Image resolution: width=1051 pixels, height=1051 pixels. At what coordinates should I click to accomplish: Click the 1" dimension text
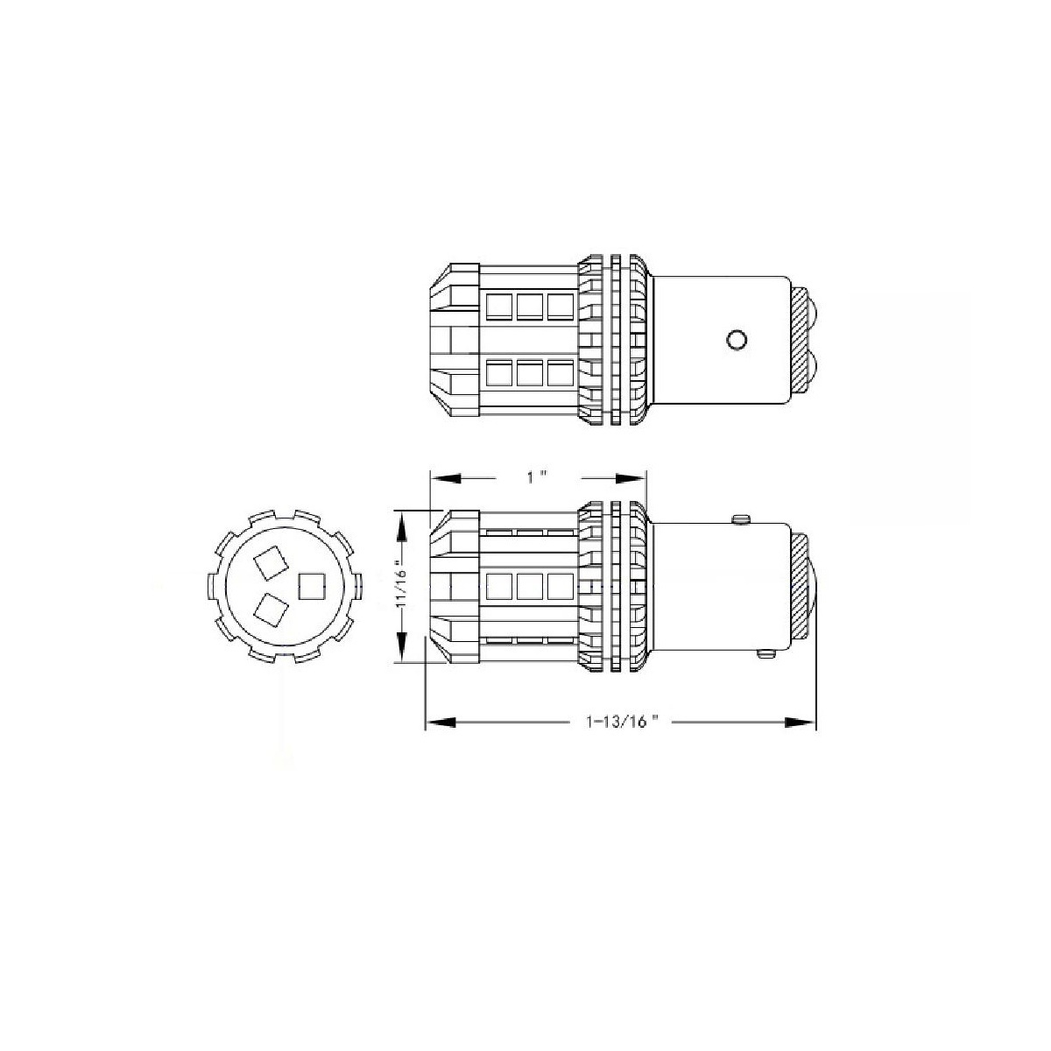pos(537,478)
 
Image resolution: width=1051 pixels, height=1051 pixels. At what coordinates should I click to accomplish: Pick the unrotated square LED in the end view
pos(312,586)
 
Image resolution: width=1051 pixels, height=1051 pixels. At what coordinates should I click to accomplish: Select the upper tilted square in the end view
pos(270,563)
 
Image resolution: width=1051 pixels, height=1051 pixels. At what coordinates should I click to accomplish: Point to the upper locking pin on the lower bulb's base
pos(740,519)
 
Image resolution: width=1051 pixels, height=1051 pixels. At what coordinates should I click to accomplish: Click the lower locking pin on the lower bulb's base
pos(765,653)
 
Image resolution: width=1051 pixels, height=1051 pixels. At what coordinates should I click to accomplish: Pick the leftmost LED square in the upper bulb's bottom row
pos(499,374)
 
